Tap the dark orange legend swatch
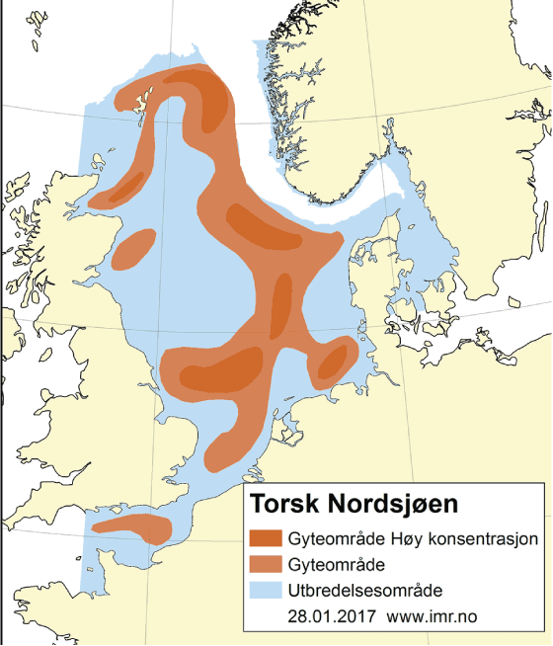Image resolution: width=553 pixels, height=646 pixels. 267,540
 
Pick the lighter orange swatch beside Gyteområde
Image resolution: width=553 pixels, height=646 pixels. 267,565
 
